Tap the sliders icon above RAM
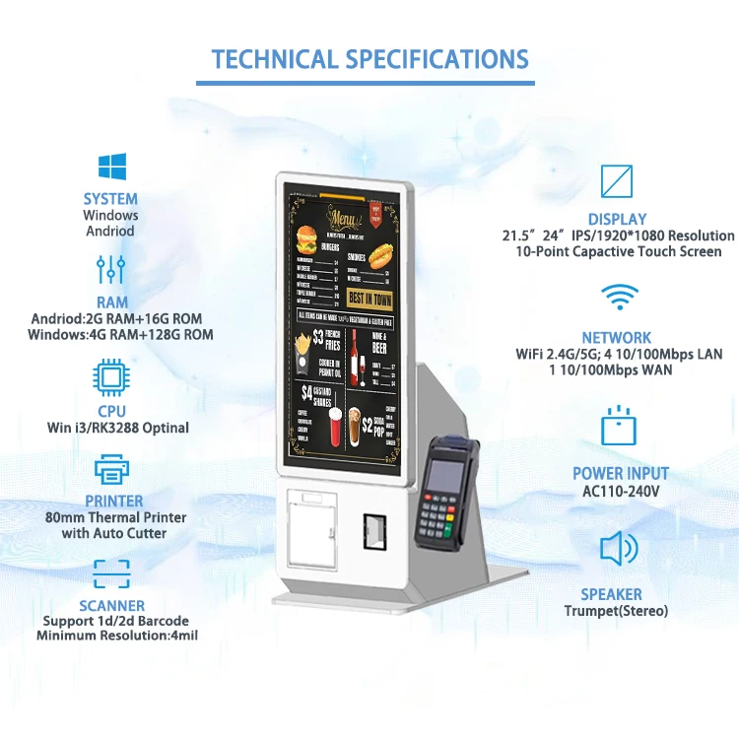point(110,269)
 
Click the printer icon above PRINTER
point(110,468)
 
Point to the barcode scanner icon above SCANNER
point(110,573)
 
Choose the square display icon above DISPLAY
point(617,181)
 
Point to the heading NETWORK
point(617,337)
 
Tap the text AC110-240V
point(621,491)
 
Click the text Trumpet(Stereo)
point(616,611)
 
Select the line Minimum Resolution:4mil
point(117,636)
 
